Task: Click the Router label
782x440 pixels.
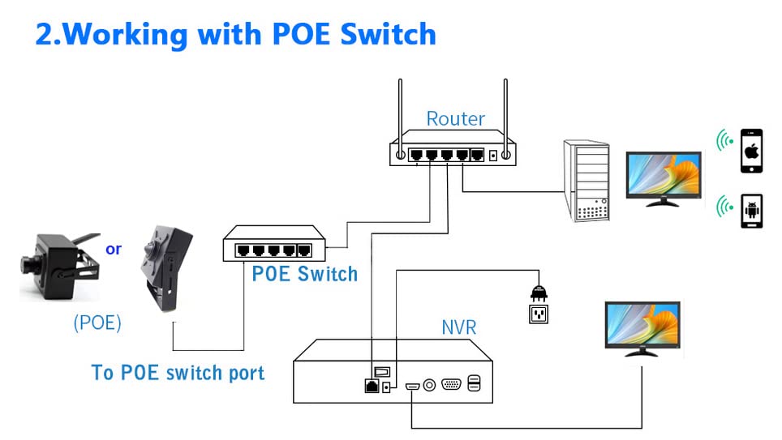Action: [x=455, y=119]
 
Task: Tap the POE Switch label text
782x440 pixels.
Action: [x=304, y=274]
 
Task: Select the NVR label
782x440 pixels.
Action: [x=458, y=327]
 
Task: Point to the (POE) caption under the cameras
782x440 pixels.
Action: [x=97, y=323]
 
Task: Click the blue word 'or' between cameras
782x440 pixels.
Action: [x=114, y=249]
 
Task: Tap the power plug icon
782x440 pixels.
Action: [x=536, y=291]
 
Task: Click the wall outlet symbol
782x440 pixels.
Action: [x=537, y=313]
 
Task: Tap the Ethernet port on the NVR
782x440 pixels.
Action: [x=372, y=386]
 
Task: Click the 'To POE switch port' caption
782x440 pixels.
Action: [x=178, y=373]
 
